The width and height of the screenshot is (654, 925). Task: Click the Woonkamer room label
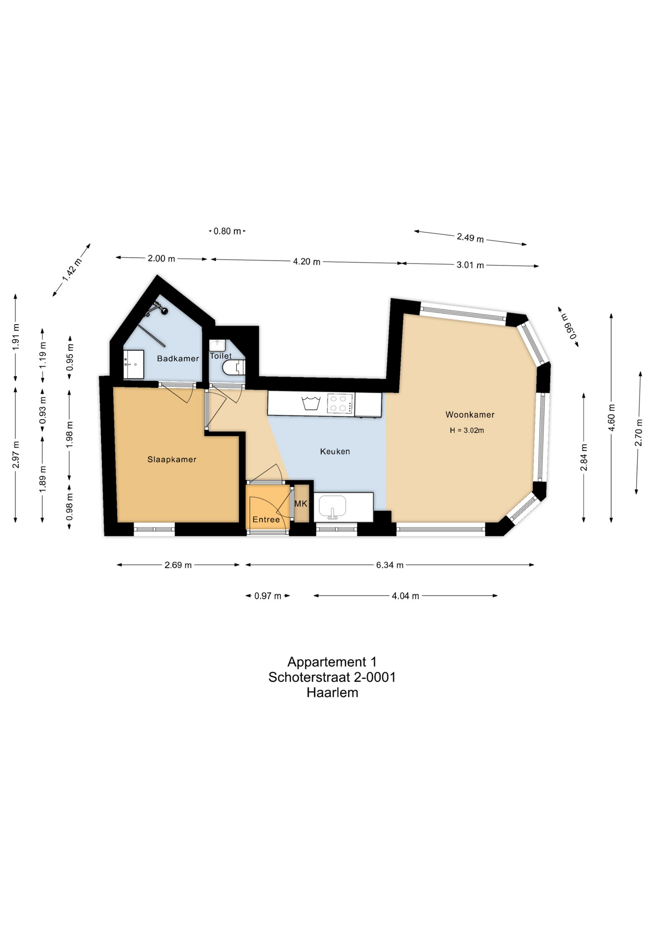pyautogui.click(x=470, y=414)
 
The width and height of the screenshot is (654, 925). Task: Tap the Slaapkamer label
pyautogui.click(x=172, y=460)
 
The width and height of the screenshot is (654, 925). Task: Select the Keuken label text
pyautogui.click(x=335, y=451)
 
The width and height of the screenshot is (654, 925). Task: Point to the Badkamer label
pyautogui.click(x=178, y=358)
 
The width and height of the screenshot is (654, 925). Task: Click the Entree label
pyautogui.click(x=266, y=519)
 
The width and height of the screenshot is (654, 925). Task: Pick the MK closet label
pyautogui.click(x=301, y=503)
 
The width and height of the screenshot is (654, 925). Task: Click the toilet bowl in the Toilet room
pyautogui.click(x=235, y=368)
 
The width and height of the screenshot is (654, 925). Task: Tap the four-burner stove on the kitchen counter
pyautogui.click(x=340, y=404)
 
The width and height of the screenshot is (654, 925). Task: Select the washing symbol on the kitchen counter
pyautogui.click(x=311, y=403)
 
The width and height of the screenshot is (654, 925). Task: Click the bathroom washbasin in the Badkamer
pyautogui.click(x=133, y=365)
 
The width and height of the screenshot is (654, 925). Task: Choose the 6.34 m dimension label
pyautogui.click(x=390, y=565)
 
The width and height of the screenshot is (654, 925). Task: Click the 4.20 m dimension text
pyautogui.click(x=307, y=262)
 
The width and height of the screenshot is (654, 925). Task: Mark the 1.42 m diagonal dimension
pyautogui.click(x=72, y=270)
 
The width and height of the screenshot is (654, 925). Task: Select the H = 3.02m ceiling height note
pyautogui.click(x=467, y=430)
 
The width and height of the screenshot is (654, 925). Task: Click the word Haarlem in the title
pyautogui.click(x=332, y=693)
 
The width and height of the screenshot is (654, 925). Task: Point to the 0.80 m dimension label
pyautogui.click(x=227, y=231)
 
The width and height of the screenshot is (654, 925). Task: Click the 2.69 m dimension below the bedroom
pyautogui.click(x=178, y=565)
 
